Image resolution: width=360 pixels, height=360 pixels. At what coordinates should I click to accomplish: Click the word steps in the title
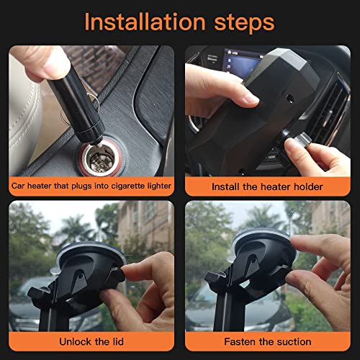coord(243,22)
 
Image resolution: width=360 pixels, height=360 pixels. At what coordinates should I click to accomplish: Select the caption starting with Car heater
coord(91,186)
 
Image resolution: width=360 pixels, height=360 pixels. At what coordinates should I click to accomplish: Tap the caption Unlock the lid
coord(91,341)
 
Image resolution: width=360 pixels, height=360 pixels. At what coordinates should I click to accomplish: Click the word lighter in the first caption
coord(156,186)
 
